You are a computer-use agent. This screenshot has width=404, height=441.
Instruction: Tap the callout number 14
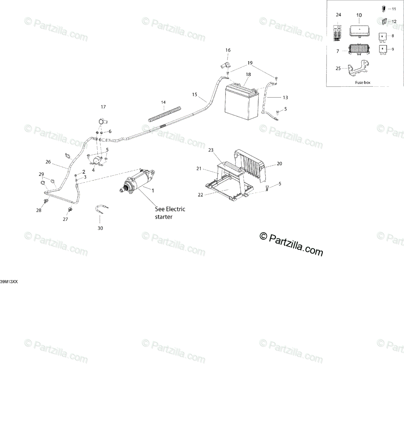(x=163, y=102)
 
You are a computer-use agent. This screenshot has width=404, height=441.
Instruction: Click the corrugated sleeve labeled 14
(x=166, y=114)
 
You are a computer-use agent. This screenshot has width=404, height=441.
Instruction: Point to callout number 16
(x=228, y=50)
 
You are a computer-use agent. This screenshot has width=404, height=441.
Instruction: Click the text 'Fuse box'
(x=362, y=83)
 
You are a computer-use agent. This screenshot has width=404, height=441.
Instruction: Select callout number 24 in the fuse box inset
(x=339, y=15)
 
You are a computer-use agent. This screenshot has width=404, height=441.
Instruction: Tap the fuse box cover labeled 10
(x=359, y=31)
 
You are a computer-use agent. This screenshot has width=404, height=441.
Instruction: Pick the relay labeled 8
(x=382, y=37)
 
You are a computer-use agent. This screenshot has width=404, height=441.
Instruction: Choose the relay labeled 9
(x=382, y=50)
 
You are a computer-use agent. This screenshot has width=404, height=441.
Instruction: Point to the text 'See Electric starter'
(x=170, y=213)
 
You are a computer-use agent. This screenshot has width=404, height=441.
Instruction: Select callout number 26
(x=48, y=162)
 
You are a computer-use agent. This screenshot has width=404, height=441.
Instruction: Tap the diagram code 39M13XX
(x=9, y=282)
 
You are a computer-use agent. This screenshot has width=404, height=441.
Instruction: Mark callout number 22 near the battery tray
(x=201, y=195)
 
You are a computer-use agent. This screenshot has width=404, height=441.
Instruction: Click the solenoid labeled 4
(x=97, y=161)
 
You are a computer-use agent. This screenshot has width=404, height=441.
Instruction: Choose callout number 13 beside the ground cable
(x=285, y=98)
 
